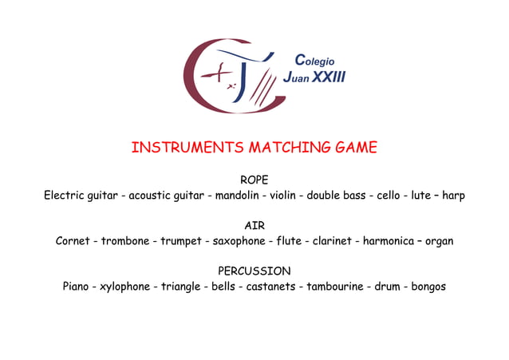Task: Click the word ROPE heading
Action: pos(254,180)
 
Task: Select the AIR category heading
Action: pos(254,226)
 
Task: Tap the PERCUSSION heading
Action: pos(254,271)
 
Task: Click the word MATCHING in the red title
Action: pos(286,148)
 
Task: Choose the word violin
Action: pos(282,196)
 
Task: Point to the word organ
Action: pos(439,241)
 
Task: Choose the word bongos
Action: pos(428,287)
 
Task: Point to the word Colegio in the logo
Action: pos(315,61)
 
